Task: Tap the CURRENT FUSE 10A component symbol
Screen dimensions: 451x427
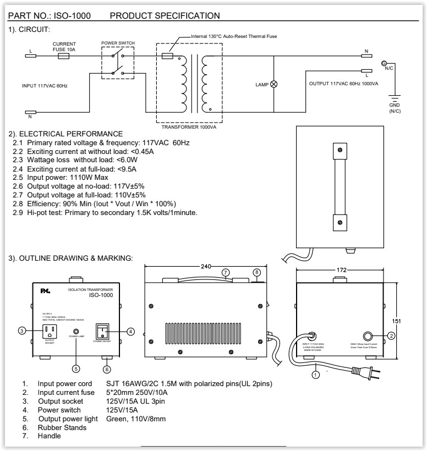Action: [63, 56]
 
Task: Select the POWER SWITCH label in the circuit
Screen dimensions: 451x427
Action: [118, 43]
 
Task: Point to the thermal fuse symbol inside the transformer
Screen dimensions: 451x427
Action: [169, 56]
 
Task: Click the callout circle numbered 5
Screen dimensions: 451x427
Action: [76, 369]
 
